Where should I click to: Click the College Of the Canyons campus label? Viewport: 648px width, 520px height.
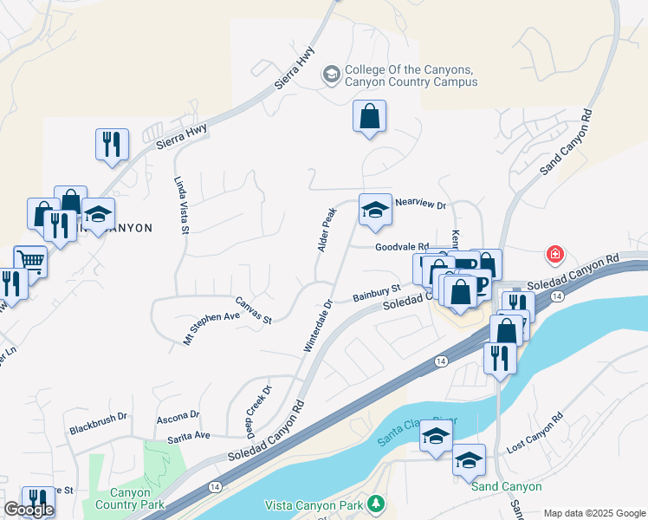411,76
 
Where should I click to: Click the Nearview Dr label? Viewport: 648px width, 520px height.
419,205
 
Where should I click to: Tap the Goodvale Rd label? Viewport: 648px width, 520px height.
402,247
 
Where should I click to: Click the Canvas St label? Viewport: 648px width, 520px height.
254,310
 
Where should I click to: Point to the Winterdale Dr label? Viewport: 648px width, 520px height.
318,326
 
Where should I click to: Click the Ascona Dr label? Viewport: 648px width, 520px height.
178,418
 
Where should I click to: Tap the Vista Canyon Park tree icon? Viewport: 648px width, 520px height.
375,503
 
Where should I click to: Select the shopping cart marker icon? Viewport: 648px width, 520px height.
30,260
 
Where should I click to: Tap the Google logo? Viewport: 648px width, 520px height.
29,510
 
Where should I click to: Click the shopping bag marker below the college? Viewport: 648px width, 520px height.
369,116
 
